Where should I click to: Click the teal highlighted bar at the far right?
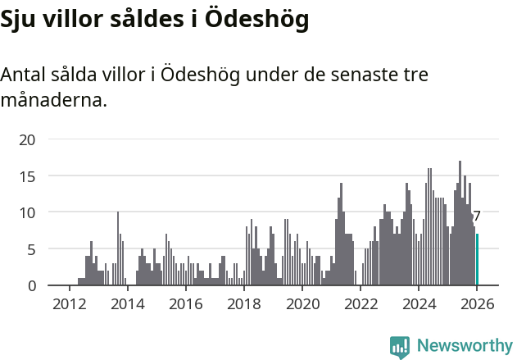point(477,260)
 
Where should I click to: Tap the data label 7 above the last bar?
point(477,216)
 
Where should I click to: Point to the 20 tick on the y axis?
point(27,139)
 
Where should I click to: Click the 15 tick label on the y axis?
point(27,176)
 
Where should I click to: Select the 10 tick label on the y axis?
point(27,212)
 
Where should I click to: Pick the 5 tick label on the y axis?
point(31,249)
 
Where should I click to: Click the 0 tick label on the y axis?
point(31,285)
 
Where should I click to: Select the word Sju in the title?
point(20,21)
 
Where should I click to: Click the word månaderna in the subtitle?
point(53,101)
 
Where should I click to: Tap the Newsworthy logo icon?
point(400,347)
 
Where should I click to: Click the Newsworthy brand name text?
point(464,346)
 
